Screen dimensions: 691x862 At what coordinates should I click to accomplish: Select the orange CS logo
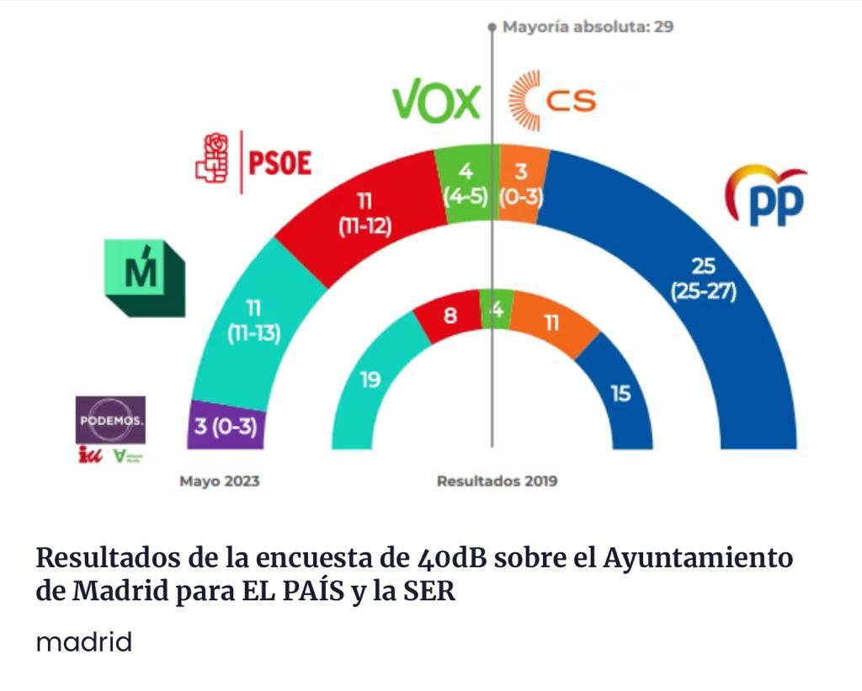tap(552, 102)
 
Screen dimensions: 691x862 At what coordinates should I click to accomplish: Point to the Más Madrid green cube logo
tap(144, 278)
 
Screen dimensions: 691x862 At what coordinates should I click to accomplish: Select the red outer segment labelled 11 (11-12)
tap(364, 215)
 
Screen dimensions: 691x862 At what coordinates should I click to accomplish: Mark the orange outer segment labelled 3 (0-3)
tap(521, 184)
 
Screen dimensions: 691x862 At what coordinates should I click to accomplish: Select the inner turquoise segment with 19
tap(370, 380)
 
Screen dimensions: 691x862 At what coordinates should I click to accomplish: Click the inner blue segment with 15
tap(620, 392)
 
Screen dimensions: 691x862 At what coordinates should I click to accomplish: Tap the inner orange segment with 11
tap(551, 322)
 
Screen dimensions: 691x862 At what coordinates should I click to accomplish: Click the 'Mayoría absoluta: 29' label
tap(587, 27)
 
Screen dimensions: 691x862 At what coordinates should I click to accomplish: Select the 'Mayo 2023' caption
tap(219, 482)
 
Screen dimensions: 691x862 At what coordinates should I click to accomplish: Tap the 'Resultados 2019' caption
tap(497, 482)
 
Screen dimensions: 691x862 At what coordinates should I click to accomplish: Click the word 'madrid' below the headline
tap(84, 643)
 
